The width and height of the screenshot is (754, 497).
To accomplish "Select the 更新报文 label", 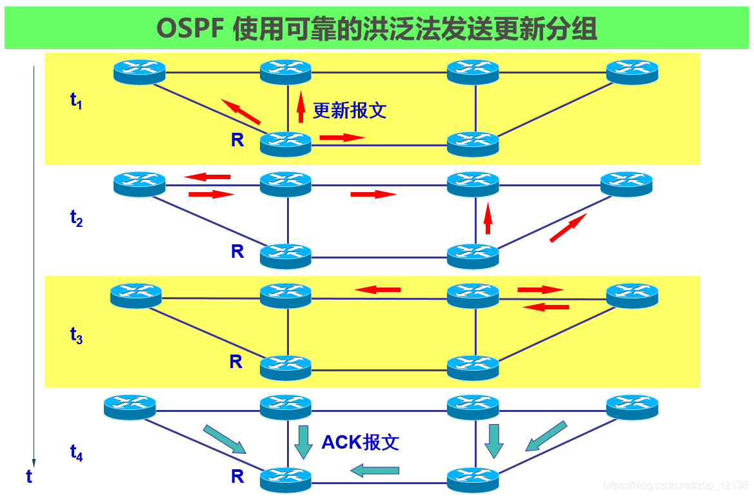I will [349, 110].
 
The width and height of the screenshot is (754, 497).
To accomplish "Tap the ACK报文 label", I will [360, 442].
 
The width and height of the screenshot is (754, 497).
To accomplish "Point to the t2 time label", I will [76, 218].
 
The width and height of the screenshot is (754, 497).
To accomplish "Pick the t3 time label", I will [76, 335].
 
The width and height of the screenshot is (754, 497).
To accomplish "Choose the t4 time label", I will [76, 453].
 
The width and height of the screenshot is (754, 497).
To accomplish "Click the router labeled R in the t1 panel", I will [285, 142].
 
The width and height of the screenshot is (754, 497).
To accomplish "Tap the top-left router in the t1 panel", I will [139, 71].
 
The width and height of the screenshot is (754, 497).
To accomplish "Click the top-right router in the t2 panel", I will [626, 184].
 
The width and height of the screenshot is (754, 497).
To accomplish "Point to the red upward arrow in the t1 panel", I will [301, 106].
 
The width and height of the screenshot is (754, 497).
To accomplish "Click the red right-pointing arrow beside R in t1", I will [342, 137].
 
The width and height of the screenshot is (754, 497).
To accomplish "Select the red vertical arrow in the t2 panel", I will [488, 218].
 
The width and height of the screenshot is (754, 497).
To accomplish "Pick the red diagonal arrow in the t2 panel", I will [568, 228].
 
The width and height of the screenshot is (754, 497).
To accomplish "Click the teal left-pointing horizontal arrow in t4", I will [375, 471].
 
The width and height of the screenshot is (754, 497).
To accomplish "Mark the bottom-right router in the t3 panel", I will [473, 367].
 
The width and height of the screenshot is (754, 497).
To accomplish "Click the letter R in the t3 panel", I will [236, 362].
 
